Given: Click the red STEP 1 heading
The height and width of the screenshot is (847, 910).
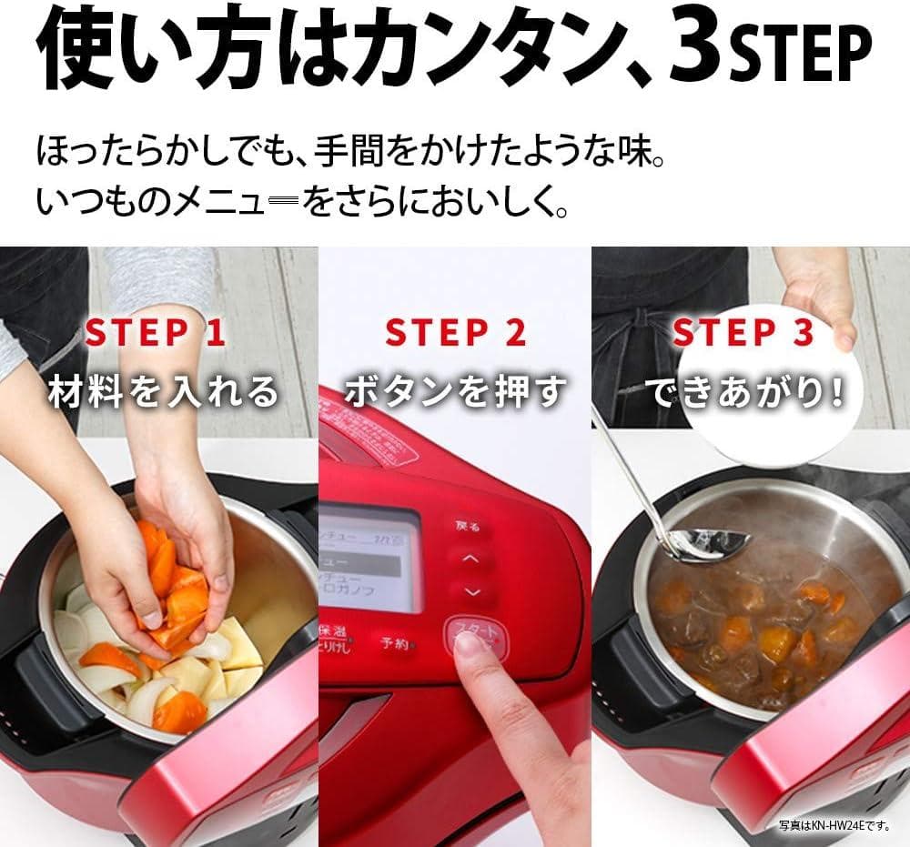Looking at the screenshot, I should [155, 333].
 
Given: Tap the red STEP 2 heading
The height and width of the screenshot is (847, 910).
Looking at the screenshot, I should [456, 333].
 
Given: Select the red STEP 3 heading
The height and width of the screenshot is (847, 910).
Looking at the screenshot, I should [743, 333].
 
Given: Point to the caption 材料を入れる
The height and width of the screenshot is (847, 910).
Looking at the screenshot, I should [164, 391].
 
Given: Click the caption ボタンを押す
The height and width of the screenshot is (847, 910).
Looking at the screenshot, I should [455, 391].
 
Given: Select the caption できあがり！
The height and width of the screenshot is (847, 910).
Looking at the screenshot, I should [744, 391].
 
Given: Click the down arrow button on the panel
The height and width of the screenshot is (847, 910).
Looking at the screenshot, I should [470, 592].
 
